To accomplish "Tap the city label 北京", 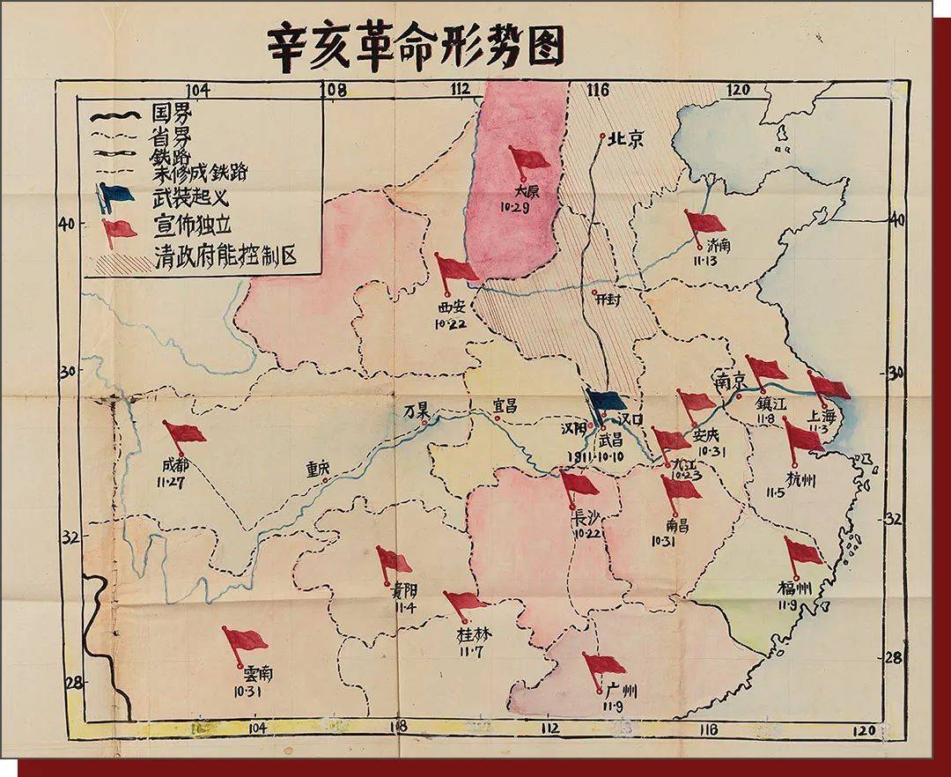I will pyautogui.click(x=629, y=138).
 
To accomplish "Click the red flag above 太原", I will pyautogui.click(x=528, y=159).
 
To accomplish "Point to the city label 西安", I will pyautogui.click(x=446, y=307).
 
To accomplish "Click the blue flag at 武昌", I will pyautogui.click(x=606, y=401).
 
